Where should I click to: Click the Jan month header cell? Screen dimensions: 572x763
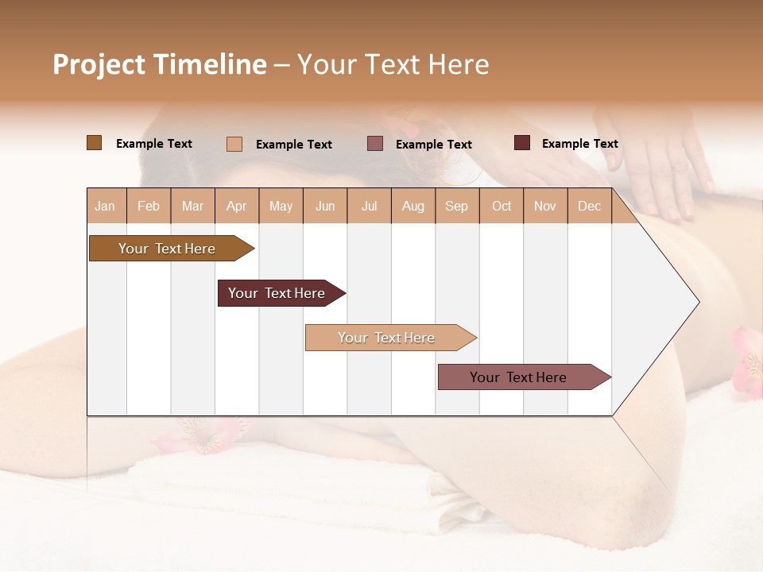[106, 207]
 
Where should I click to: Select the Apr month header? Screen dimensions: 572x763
[237, 207]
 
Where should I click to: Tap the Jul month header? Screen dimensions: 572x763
[370, 207]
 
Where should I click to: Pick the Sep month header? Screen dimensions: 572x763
[457, 207]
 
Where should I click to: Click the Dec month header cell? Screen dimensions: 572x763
[590, 207]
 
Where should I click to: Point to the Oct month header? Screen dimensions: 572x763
[502, 207]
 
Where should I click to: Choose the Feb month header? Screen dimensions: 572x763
[149, 207]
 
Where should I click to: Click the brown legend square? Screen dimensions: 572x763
[95, 143]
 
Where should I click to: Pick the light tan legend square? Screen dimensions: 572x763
[234, 144]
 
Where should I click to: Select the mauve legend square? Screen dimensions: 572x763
[375, 144]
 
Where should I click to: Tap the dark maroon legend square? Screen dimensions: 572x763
[522, 143]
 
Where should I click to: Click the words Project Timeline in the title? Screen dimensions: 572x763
[160, 64]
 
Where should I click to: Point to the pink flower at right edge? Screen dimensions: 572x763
[749, 361]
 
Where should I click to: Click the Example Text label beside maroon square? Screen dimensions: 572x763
[579, 144]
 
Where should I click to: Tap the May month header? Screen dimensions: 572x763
[281, 207]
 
